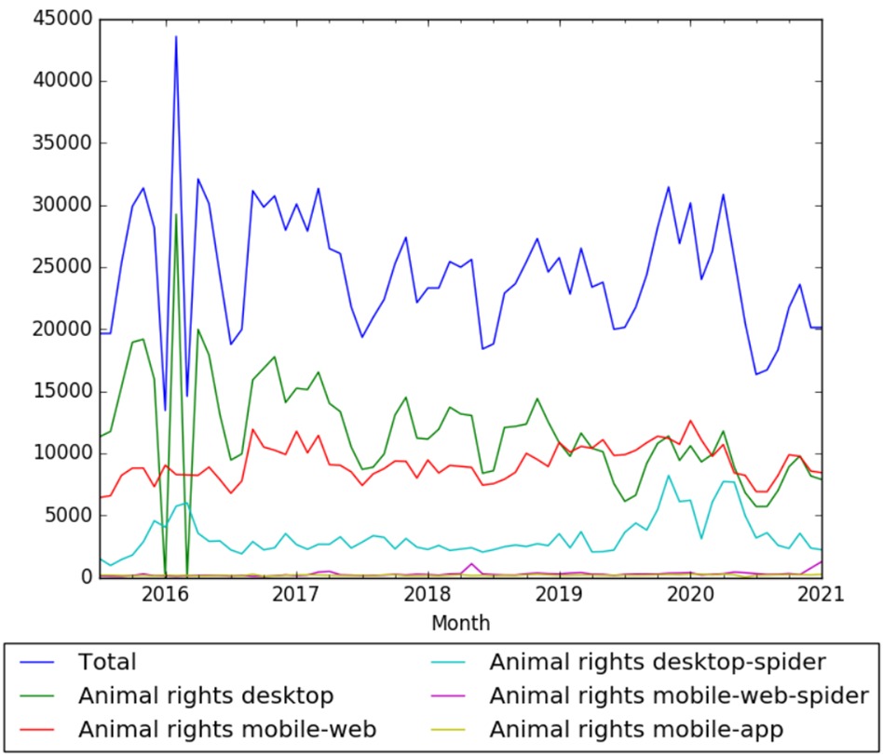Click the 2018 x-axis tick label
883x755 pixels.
428,594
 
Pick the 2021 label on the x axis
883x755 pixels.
822,594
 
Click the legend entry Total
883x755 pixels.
108,663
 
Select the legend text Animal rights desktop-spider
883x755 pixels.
657,663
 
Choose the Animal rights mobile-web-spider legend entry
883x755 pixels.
679,695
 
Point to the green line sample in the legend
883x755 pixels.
42,695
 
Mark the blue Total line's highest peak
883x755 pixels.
175,36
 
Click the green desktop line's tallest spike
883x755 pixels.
175,214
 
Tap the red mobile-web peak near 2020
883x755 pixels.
690,421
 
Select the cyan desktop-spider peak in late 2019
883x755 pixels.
668,476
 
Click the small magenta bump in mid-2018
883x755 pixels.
471,564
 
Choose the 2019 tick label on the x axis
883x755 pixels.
559,594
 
